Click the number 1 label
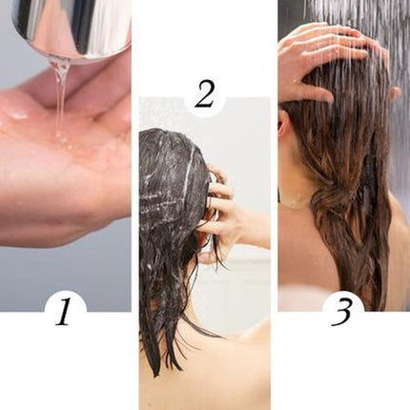64,311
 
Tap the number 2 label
204,93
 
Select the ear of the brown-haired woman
285,124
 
